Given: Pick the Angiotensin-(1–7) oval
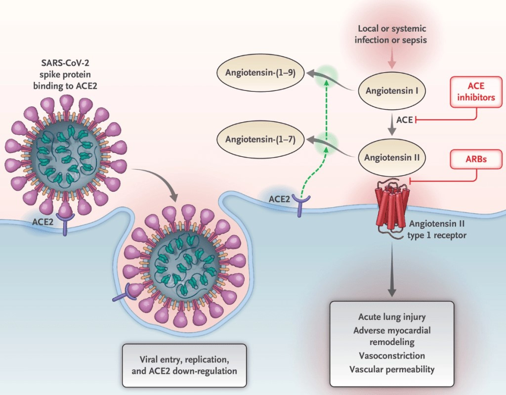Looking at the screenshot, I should [260, 139].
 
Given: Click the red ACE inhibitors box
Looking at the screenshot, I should [475, 92].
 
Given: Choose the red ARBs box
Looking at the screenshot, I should [476, 159].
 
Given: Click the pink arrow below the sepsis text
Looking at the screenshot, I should [392, 59].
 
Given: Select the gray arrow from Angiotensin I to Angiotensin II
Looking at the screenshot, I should [392, 125].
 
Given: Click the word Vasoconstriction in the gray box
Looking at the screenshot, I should [391, 355].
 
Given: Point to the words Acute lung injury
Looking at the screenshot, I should [391, 317].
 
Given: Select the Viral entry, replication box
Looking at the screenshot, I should [184, 365].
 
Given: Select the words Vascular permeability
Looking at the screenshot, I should [391, 369].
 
